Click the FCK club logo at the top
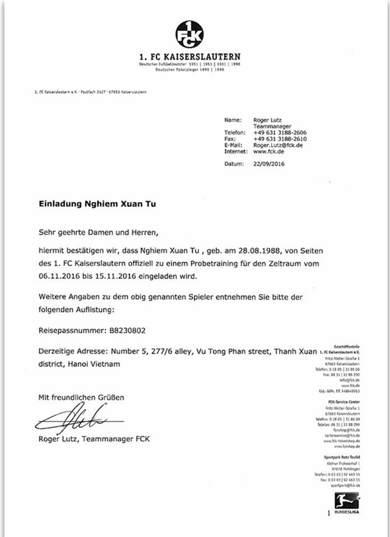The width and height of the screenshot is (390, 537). [190, 35]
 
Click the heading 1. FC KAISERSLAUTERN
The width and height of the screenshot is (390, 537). [190, 57]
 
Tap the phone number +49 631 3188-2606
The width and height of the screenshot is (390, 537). [280, 132]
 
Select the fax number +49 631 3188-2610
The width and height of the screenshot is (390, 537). [280, 139]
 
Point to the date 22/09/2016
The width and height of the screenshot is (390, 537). [269, 164]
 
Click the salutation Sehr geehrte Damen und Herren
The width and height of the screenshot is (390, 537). [98, 231]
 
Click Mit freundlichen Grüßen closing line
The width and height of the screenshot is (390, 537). [81, 398]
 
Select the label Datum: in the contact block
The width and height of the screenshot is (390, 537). [235, 164]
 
